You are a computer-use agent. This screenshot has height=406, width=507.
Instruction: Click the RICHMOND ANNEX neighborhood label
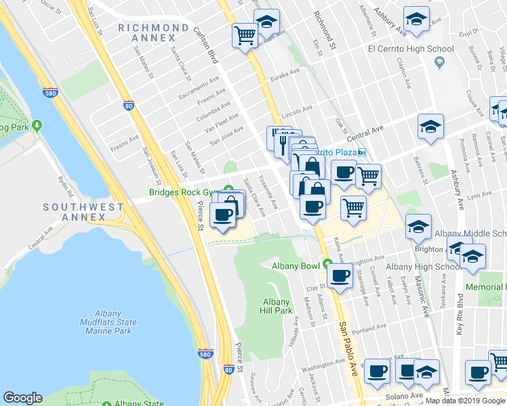click(153, 33)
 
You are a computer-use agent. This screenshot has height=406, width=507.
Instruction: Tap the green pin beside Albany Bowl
click(327, 263)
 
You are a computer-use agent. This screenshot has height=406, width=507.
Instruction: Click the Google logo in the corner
click(22, 398)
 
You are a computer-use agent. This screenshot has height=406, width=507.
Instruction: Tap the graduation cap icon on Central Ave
click(430, 127)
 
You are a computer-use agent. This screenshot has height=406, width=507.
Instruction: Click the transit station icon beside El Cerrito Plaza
click(362, 152)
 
